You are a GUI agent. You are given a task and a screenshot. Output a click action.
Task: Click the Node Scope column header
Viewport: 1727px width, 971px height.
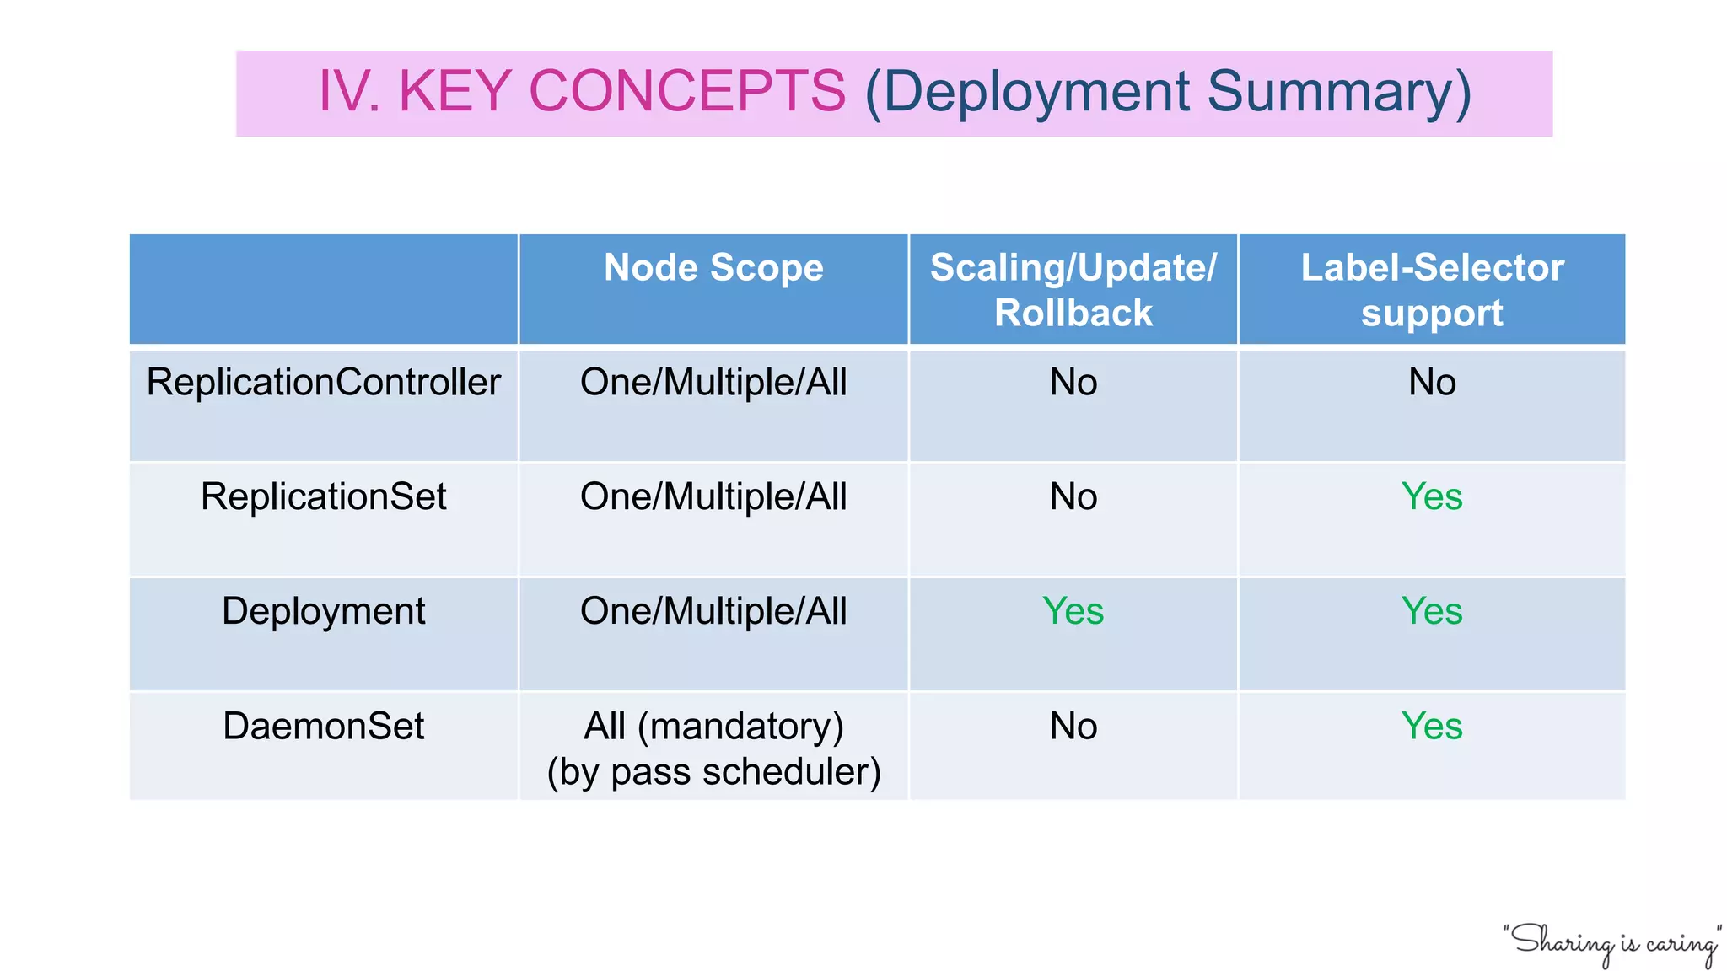coord(713,268)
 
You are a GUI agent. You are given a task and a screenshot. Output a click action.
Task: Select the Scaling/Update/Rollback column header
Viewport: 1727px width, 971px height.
coord(1073,290)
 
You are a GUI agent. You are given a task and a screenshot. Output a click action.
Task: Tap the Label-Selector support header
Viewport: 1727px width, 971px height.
coord(1432,290)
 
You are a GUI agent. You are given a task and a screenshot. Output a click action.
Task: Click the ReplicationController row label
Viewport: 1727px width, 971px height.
coord(323,383)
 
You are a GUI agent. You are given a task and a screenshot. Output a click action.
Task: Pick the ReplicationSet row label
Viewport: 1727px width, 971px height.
coord(323,496)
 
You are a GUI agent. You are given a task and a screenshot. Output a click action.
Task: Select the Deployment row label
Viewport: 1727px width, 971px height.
coord(323,611)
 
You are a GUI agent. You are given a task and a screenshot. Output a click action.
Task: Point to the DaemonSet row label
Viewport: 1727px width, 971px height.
coord(323,726)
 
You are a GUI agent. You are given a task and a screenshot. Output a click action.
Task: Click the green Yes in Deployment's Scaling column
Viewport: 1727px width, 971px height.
coord(1073,611)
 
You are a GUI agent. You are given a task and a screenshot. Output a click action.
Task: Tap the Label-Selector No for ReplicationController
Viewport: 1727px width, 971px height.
coord(1432,383)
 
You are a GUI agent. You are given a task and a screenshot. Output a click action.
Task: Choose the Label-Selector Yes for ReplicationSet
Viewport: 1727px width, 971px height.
coord(1432,496)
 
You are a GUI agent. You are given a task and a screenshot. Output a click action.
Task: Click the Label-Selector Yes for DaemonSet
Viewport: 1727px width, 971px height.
coord(1432,726)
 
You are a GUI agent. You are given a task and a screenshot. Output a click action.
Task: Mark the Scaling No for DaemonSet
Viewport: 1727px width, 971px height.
coord(1073,726)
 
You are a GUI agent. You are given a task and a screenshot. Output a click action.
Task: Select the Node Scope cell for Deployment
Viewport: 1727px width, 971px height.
coord(713,611)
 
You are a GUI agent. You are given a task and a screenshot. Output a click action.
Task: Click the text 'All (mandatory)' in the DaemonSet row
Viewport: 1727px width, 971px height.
coord(713,726)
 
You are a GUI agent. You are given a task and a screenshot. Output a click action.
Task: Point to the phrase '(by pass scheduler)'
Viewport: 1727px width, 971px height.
coord(713,772)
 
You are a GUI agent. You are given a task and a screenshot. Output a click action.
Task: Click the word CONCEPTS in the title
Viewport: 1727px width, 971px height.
coord(686,91)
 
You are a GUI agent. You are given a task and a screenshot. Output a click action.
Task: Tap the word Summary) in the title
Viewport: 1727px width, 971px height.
coord(1339,91)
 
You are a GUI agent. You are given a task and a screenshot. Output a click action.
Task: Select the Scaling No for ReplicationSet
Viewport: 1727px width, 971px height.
coord(1073,496)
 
